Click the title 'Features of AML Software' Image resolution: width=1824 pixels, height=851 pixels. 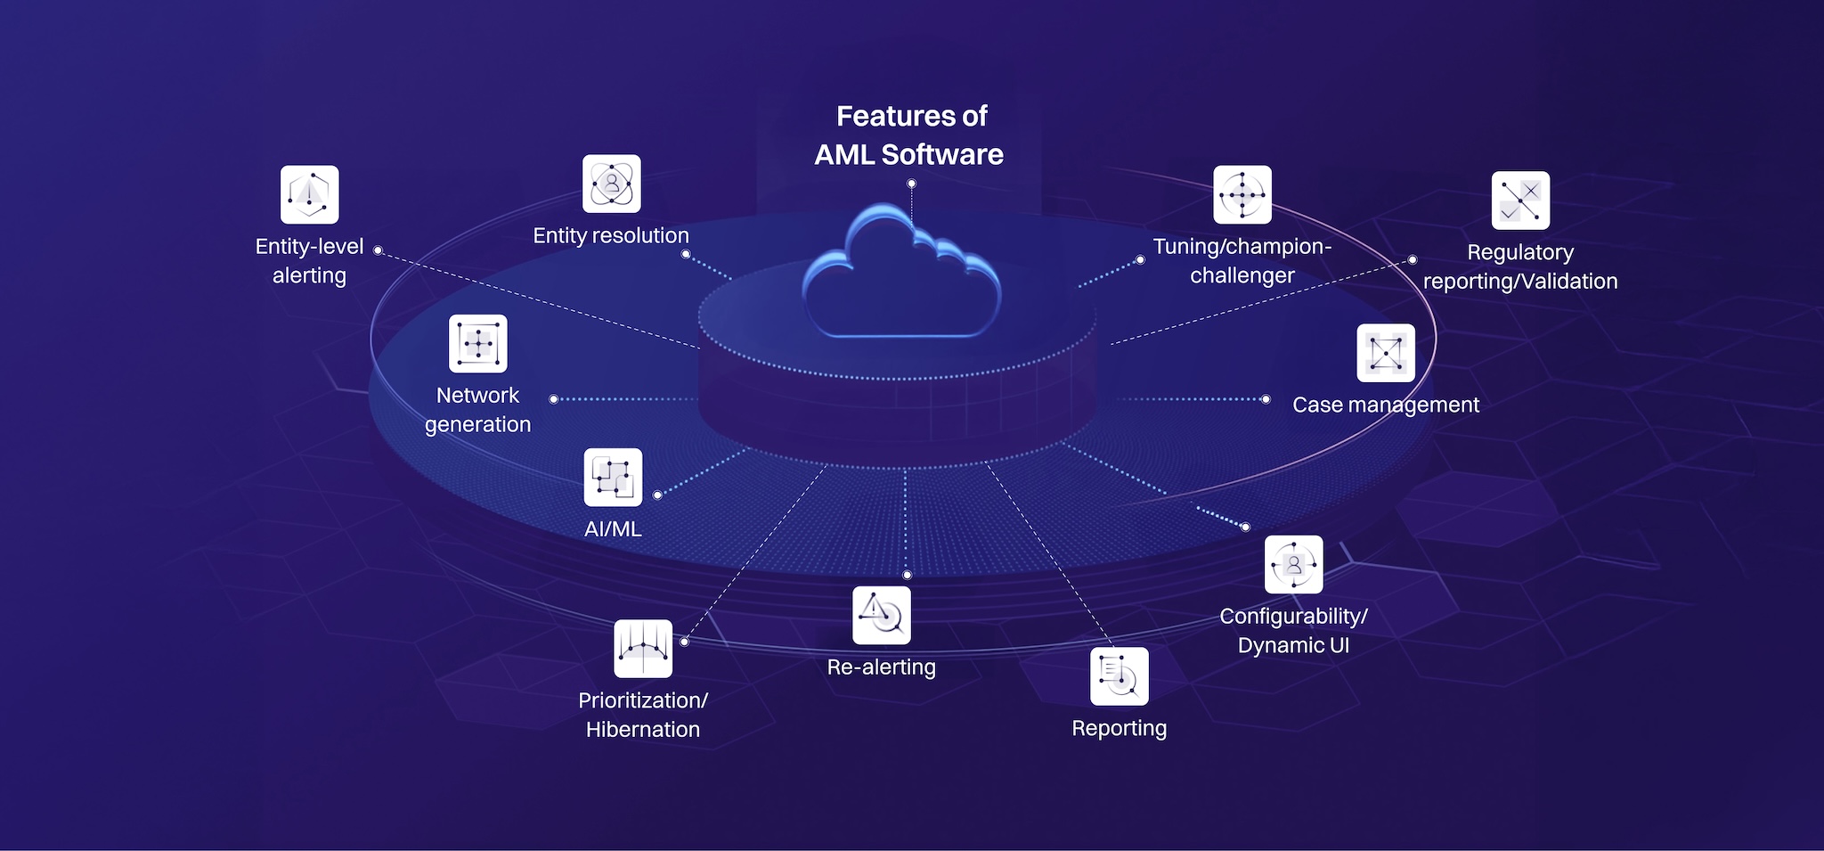click(x=910, y=135)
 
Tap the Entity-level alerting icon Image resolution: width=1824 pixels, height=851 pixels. click(x=309, y=194)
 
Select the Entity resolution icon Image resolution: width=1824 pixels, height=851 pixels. click(x=611, y=184)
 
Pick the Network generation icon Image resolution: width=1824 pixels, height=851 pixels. click(x=477, y=343)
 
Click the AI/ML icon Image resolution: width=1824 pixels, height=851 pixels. click(x=613, y=477)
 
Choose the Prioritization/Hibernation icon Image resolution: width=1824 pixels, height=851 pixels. click(x=643, y=648)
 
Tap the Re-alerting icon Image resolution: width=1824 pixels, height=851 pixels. click(x=882, y=615)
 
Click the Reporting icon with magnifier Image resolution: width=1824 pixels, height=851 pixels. click(x=1119, y=676)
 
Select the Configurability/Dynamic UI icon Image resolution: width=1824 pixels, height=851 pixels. click(x=1293, y=564)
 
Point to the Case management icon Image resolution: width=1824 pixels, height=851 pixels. click(x=1386, y=353)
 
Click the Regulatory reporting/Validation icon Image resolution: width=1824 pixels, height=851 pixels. click(x=1520, y=200)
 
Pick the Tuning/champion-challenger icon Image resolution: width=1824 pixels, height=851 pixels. click(x=1242, y=194)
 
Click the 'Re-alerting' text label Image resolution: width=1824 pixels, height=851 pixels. click(x=882, y=667)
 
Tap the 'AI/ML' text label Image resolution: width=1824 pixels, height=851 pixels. click(x=613, y=529)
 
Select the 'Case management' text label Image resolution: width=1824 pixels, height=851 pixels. click(x=1386, y=405)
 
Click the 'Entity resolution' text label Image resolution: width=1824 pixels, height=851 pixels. click(x=611, y=236)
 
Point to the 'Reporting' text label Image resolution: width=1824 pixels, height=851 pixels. click(x=1119, y=729)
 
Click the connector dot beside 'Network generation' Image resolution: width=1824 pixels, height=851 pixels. click(x=554, y=399)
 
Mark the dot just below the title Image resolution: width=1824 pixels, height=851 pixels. click(x=911, y=184)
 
